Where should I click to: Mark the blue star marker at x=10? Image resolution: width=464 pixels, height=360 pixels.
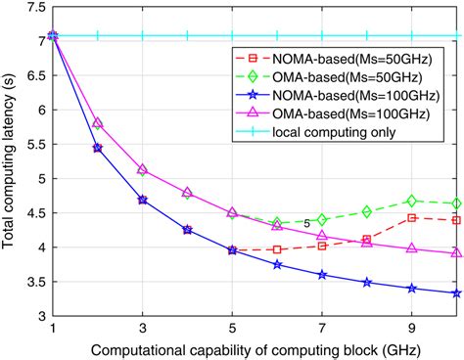click(x=456, y=293)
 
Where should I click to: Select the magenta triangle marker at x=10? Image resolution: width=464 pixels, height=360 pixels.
click(x=456, y=253)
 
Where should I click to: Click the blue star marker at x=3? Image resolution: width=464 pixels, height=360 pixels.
click(x=143, y=200)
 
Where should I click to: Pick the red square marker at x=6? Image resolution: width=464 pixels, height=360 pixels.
click(x=278, y=249)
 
